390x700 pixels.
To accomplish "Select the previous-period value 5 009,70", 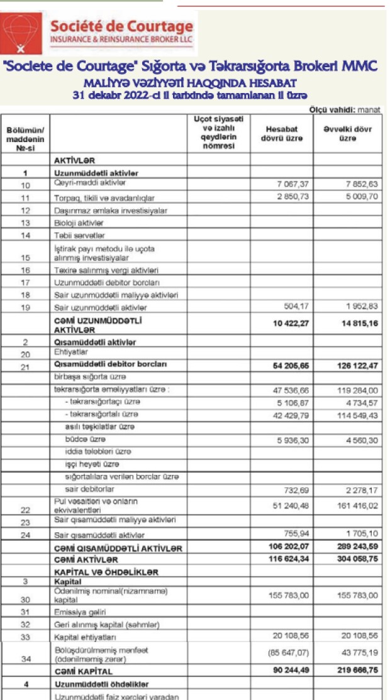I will click(356, 197).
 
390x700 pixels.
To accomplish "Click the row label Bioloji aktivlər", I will click(79, 223).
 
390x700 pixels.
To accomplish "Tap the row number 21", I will click(25, 367).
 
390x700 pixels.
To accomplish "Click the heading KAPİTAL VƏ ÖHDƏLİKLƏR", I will click(106, 572).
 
